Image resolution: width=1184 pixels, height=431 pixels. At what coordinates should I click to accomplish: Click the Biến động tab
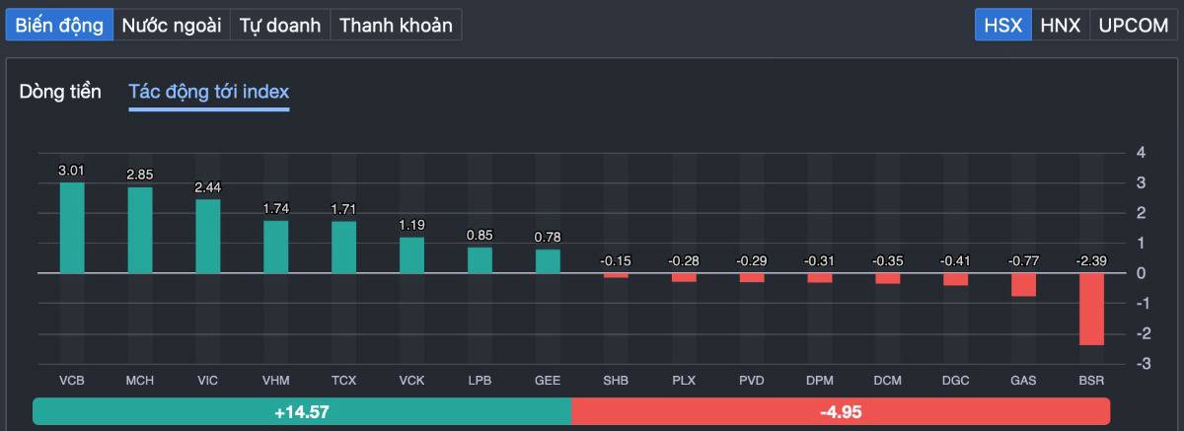click(59, 26)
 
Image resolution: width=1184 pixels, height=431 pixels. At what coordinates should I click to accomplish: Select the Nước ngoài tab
click(172, 26)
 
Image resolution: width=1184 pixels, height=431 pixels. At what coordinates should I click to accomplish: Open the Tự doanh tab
click(281, 26)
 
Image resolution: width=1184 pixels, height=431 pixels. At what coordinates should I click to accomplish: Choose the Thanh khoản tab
click(396, 26)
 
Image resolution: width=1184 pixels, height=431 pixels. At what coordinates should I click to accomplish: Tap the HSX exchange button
click(1003, 26)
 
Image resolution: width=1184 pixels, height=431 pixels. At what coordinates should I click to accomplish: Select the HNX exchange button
click(1060, 26)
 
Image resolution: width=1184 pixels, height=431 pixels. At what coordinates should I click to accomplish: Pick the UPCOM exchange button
click(1133, 26)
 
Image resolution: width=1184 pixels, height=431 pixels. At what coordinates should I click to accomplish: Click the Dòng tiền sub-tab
click(60, 92)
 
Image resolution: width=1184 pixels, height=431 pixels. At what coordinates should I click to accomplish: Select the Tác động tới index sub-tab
click(208, 92)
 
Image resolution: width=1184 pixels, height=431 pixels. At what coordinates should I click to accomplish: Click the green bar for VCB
click(72, 228)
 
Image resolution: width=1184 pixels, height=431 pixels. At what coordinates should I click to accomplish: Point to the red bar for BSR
click(1091, 309)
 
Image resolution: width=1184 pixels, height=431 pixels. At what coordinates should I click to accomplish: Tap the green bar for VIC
click(208, 237)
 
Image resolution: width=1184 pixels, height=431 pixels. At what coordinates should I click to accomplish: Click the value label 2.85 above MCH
click(139, 175)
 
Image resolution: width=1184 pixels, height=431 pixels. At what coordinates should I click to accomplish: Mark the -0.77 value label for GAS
click(1023, 260)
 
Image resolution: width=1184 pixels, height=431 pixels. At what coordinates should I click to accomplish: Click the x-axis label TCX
click(343, 380)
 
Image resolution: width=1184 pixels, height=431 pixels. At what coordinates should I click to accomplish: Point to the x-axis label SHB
click(616, 380)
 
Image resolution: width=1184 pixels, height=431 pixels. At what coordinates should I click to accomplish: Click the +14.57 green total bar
click(302, 411)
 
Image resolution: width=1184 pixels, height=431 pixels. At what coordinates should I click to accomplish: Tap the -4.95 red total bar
click(841, 411)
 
